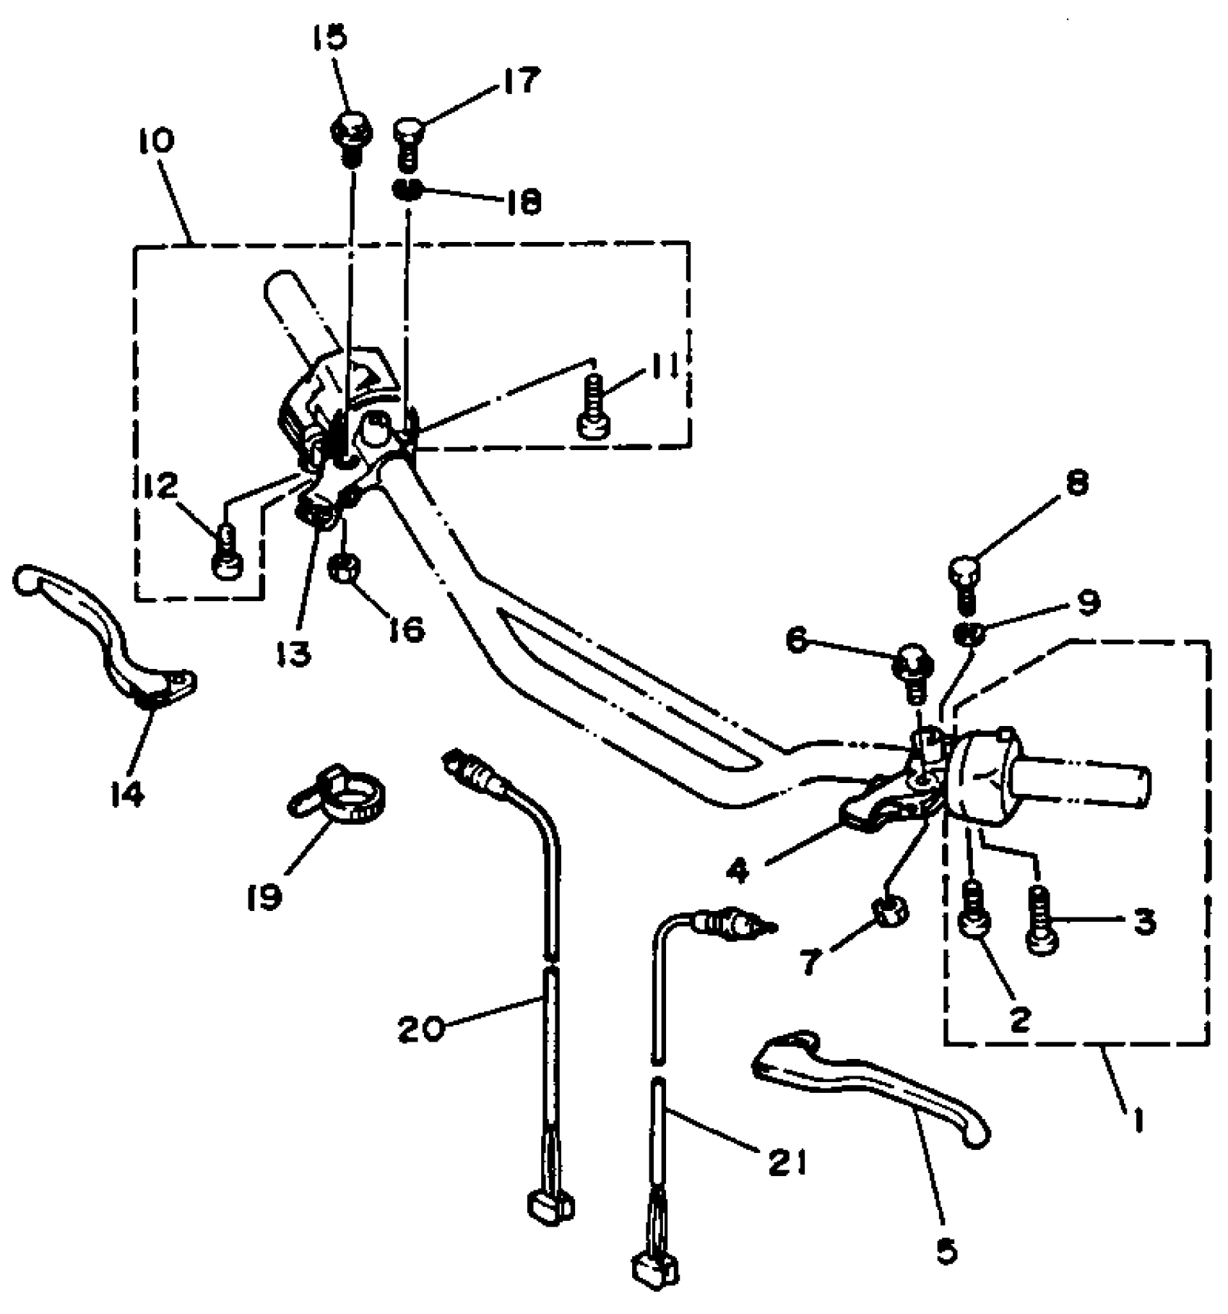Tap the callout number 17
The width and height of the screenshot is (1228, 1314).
[516, 82]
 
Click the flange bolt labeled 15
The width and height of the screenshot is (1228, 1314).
[350, 136]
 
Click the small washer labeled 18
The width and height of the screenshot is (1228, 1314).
[407, 191]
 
